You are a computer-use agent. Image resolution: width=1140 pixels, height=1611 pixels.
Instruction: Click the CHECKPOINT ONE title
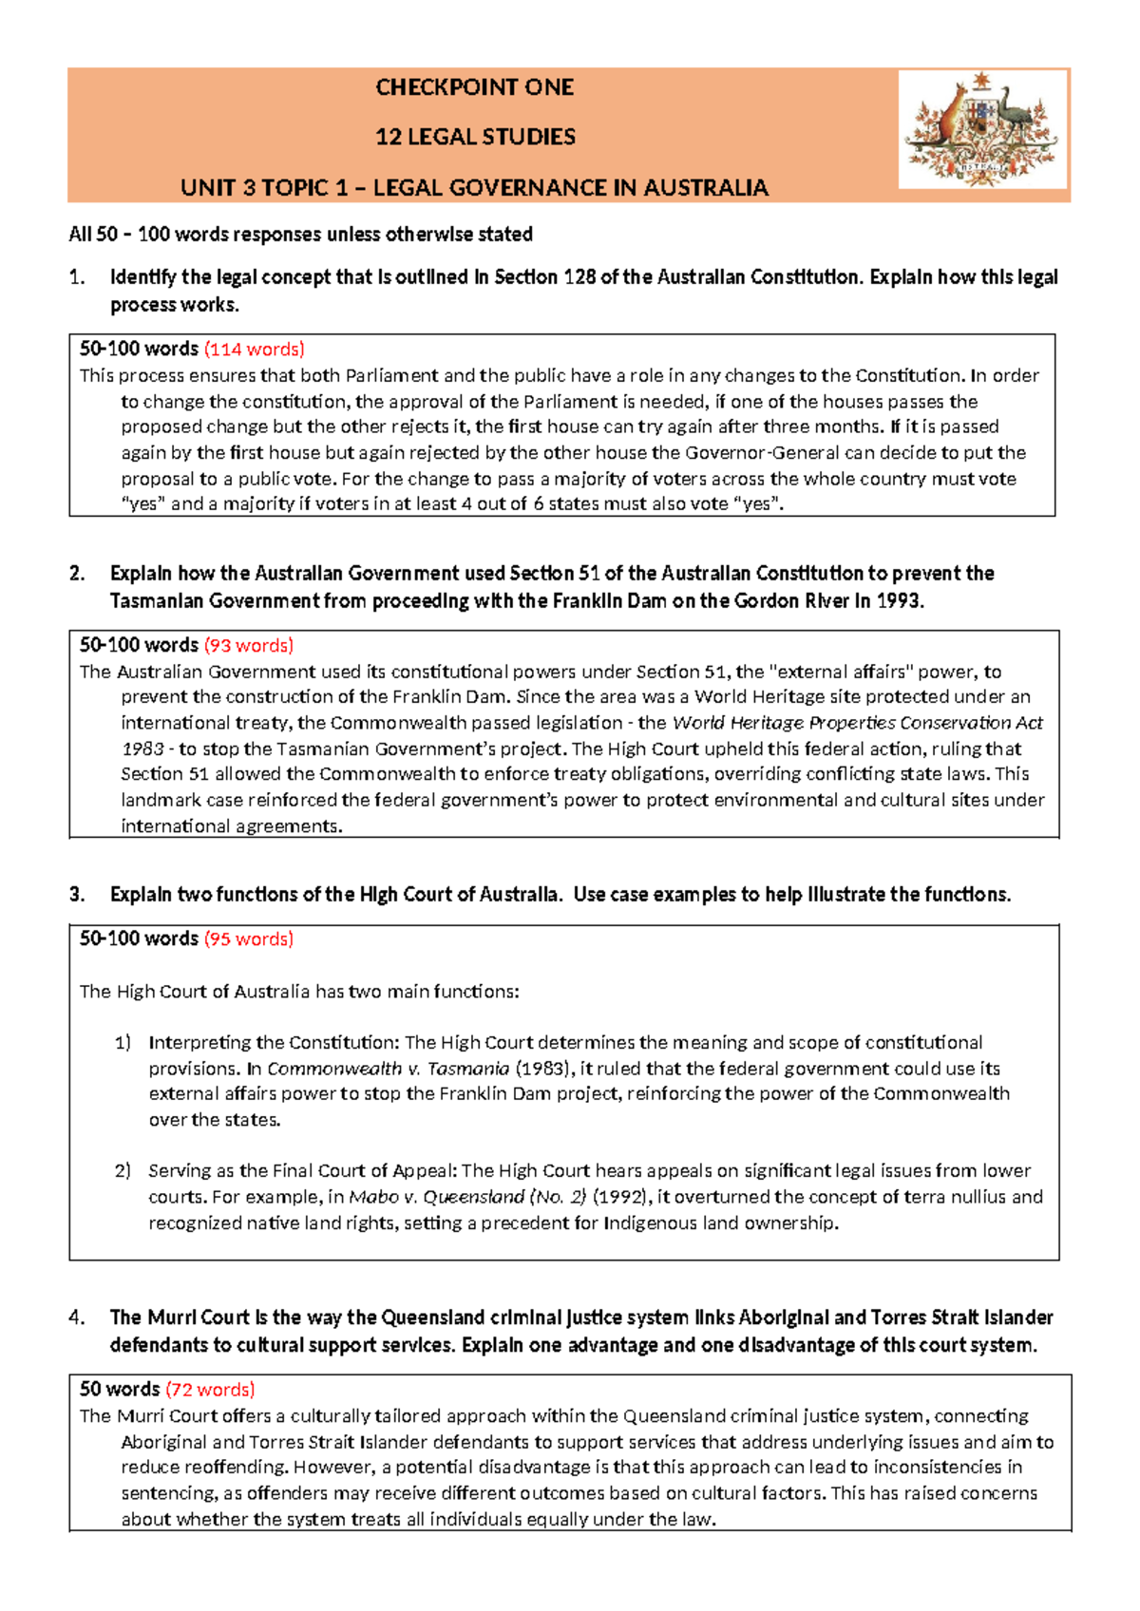[x=474, y=87]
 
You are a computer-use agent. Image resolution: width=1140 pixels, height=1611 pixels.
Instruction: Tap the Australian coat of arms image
[x=982, y=128]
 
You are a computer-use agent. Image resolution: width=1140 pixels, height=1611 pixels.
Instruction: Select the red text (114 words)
[x=254, y=349]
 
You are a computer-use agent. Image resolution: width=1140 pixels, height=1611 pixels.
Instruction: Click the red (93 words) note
[x=248, y=645]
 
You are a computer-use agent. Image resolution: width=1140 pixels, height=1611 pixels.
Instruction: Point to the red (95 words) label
[x=248, y=938]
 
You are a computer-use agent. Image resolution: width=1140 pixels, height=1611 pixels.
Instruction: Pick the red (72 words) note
[x=210, y=1389]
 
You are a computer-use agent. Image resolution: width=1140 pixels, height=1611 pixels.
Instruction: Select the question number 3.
[x=77, y=894]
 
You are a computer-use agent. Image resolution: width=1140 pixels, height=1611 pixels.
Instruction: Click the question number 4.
[x=77, y=1317]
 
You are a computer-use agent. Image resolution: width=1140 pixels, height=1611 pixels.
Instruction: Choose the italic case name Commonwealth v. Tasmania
[x=389, y=1068]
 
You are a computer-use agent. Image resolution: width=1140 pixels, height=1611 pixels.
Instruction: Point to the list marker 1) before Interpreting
[x=123, y=1042]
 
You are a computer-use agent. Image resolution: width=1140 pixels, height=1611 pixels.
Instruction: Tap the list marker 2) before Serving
[x=123, y=1170]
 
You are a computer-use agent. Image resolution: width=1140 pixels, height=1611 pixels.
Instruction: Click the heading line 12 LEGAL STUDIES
[x=475, y=137]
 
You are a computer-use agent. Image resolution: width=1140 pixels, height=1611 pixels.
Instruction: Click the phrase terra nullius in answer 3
[x=954, y=1196]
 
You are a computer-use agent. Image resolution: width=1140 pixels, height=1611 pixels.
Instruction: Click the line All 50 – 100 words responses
[x=300, y=234]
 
